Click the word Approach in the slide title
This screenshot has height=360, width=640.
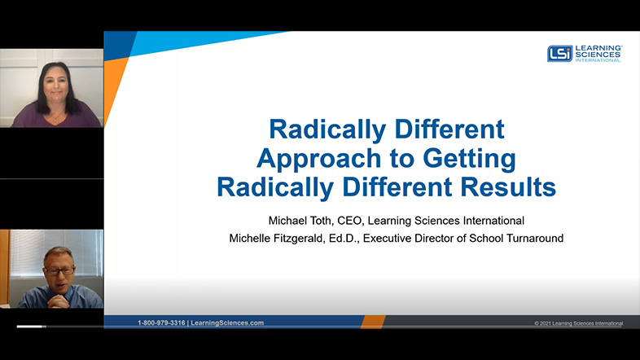pyautogui.click(x=318, y=159)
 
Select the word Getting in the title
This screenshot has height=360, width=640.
pyautogui.click(x=469, y=159)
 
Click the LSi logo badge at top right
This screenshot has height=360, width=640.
pyautogui.click(x=559, y=54)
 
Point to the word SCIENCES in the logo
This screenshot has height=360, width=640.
pyautogui.click(x=598, y=55)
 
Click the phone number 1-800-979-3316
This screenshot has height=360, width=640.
pyautogui.click(x=161, y=323)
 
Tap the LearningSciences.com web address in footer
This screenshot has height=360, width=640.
pyautogui.click(x=227, y=323)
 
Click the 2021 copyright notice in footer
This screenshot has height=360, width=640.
pyautogui.click(x=579, y=323)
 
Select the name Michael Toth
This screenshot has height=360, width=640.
pyautogui.click(x=300, y=221)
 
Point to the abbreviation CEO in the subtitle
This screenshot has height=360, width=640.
pyautogui.click(x=349, y=221)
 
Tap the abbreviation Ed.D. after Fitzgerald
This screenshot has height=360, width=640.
pyautogui.click(x=344, y=239)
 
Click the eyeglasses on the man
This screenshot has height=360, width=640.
pyautogui.click(x=60, y=270)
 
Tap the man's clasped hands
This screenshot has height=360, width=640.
pyautogui.click(x=58, y=301)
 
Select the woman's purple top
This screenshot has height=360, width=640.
pyautogui.click(x=56, y=116)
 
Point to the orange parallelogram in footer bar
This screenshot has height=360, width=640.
pyautogui.click(x=373, y=322)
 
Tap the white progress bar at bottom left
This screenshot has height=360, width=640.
pyautogui.click(x=29, y=327)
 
